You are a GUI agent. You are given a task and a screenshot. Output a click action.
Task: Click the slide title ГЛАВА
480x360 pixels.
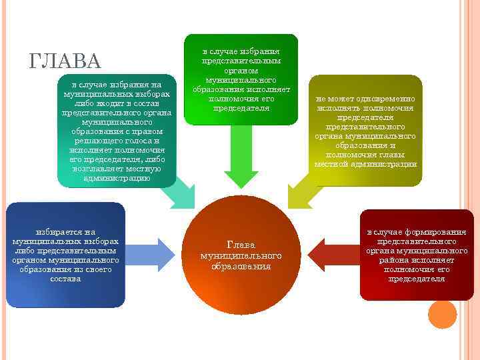pyautogui.click(x=65, y=62)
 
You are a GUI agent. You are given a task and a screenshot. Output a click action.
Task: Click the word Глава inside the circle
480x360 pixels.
pyautogui.click(x=241, y=245)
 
